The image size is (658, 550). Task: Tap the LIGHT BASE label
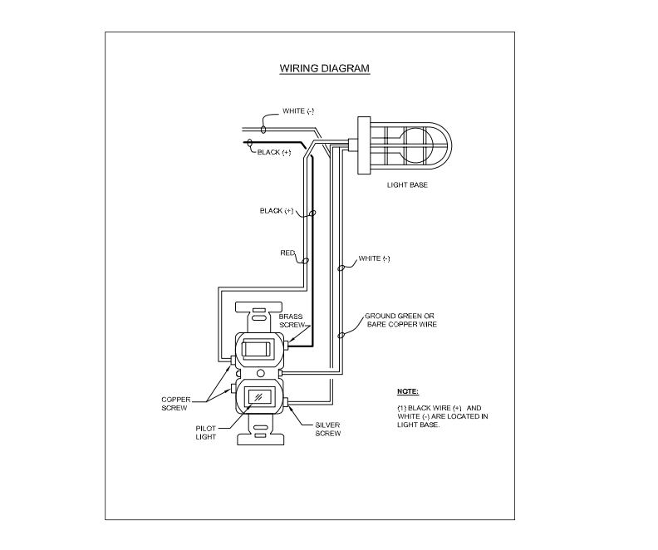(407, 184)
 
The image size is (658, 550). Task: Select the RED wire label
(288, 253)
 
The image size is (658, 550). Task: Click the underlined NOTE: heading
(408, 390)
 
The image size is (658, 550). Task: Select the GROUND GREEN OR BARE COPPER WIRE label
(402, 320)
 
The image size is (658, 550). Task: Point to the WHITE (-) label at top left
(298, 111)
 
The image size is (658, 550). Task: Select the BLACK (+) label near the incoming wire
(273, 152)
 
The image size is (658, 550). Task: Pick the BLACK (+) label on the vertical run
(277, 211)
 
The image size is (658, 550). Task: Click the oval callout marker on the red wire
(305, 261)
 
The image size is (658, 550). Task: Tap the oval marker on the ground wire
(341, 335)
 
